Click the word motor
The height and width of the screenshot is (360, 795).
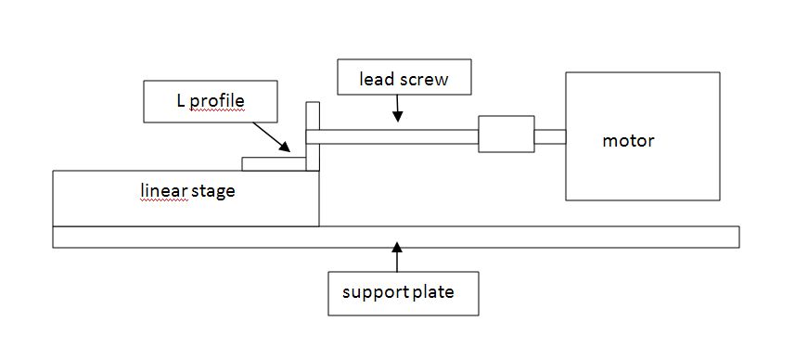[x=628, y=140]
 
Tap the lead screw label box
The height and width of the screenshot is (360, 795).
[x=404, y=77]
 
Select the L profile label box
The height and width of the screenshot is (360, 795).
[x=211, y=101]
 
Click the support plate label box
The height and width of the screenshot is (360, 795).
[x=404, y=293]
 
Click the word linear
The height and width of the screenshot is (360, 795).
[x=164, y=190]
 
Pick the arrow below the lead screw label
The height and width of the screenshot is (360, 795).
[x=397, y=108]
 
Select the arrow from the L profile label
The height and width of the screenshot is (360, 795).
[x=271, y=137]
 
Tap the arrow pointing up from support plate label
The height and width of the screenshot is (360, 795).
[x=397, y=257]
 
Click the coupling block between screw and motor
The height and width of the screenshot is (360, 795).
[x=506, y=134]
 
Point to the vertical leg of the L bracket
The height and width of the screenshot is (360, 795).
[x=313, y=135]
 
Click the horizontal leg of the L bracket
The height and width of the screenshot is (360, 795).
[x=274, y=164]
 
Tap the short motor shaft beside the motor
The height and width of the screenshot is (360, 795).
[x=550, y=137]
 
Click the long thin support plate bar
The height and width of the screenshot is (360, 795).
[x=395, y=237]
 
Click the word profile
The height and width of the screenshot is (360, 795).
[x=217, y=101]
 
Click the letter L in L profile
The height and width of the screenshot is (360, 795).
[x=181, y=100]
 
